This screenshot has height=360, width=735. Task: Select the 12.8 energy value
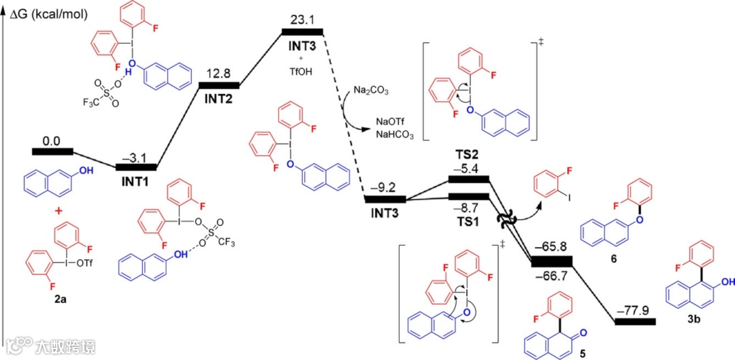pyautogui.click(x=218, y=73)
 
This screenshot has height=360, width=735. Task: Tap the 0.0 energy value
pyautogui.click(x=52, y=141)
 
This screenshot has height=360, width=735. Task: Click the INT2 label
pyautogui.click(x=218, y=98)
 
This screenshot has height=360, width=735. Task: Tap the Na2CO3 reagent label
pyautogui.click(x=370, y=91)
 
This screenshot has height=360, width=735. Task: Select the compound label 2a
pyautogui.click(x=61, y=297)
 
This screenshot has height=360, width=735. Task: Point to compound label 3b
pyautogui.click(x=692, y=318)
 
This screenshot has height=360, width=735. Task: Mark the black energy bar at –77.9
pyautogui.click(x=635, y=321)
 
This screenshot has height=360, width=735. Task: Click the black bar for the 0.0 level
pyautogui.click(x=52, y=151)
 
